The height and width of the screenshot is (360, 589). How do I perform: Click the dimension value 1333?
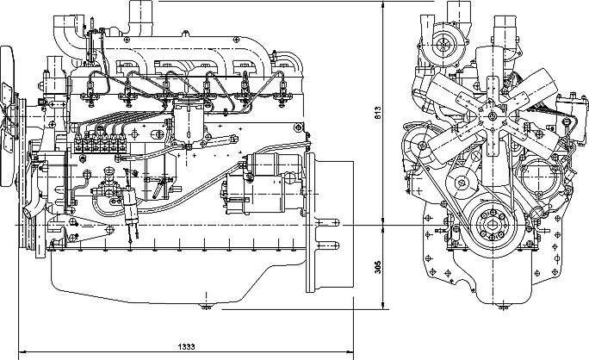(185, 346)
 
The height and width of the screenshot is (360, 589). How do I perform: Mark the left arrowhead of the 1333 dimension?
(20, 351)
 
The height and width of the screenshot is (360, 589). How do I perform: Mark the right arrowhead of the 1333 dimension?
(352, 351)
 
